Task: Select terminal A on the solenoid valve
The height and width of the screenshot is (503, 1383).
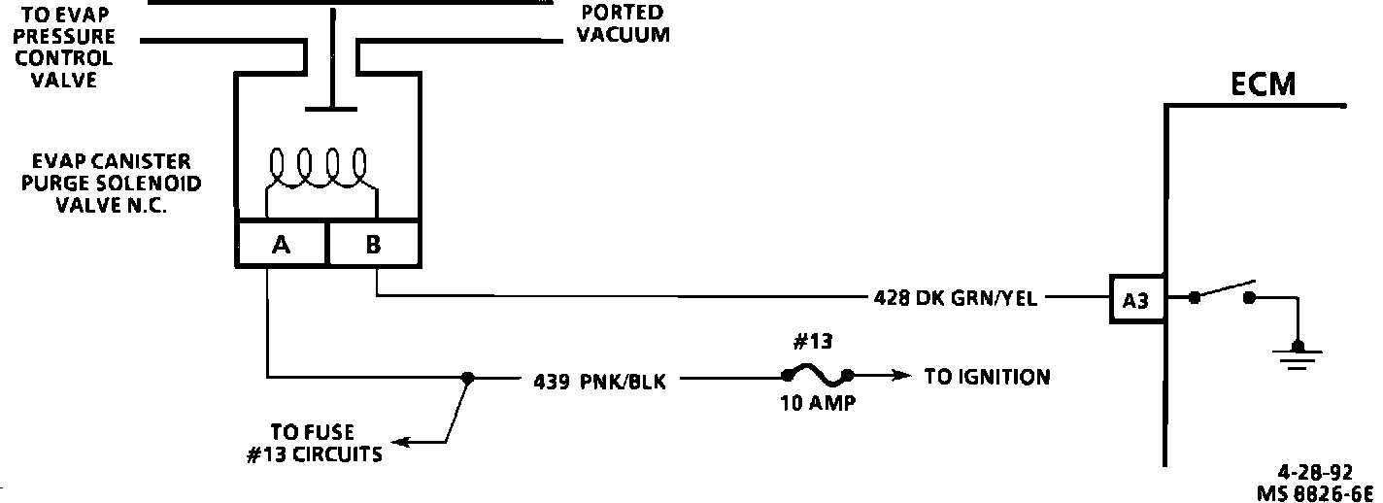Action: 282,245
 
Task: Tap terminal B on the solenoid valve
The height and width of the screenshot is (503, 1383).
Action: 374,245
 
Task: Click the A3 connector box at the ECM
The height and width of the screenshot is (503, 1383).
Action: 1135,300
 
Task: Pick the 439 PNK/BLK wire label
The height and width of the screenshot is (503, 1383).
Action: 599,382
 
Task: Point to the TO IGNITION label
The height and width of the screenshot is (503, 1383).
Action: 987,377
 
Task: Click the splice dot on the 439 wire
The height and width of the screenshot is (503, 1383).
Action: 467,378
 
